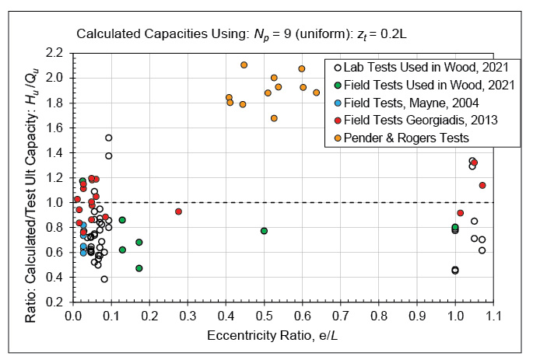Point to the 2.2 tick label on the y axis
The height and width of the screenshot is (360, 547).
click(x=54, y=53)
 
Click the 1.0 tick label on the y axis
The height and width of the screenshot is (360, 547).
click(x=54, y=202)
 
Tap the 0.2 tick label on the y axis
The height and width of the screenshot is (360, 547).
click(x=54, y=302)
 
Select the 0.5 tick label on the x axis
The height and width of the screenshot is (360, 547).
click(x=264, y=316)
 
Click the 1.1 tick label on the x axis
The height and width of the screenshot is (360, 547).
click(x=493, y=316)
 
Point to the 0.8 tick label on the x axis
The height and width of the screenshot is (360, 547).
click(x=379, y=316)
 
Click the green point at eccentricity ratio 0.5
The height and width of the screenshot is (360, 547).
click(x=265, y=231)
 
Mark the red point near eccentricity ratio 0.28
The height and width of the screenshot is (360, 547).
click(x=178, y=211)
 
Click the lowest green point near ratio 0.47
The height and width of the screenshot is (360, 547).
click(x=139, y=268)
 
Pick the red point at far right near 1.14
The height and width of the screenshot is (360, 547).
click(x=482, y=185)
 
